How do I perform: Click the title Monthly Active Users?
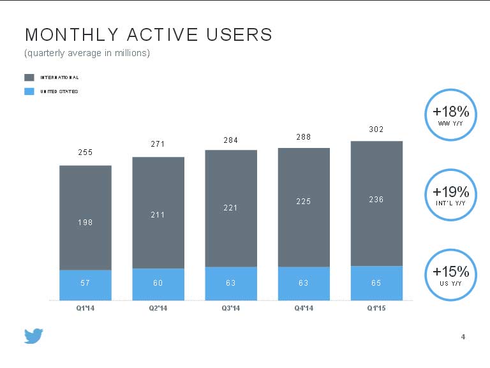click(148, 34)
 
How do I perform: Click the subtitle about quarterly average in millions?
click(87, 53)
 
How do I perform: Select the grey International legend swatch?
click(29, 77)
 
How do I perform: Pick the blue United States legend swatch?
click(29, 91)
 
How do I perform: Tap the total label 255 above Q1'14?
click(85, 152)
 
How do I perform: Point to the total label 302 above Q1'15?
click(376, 129)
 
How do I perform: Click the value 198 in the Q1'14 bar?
click(85, 222)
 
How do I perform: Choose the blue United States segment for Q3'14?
click(231, 283)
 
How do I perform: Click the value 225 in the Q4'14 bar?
click(304, 202)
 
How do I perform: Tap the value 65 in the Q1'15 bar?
click(376, 283)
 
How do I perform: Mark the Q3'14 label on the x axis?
click(231, 309)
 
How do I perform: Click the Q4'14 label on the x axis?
click(304, 309)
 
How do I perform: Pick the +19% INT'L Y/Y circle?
click(450, 195)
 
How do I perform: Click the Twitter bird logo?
click(34, 336)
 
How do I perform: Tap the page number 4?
click(463, 337)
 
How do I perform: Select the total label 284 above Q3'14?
click(231, 140)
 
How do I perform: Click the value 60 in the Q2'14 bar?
click(158, 283)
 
